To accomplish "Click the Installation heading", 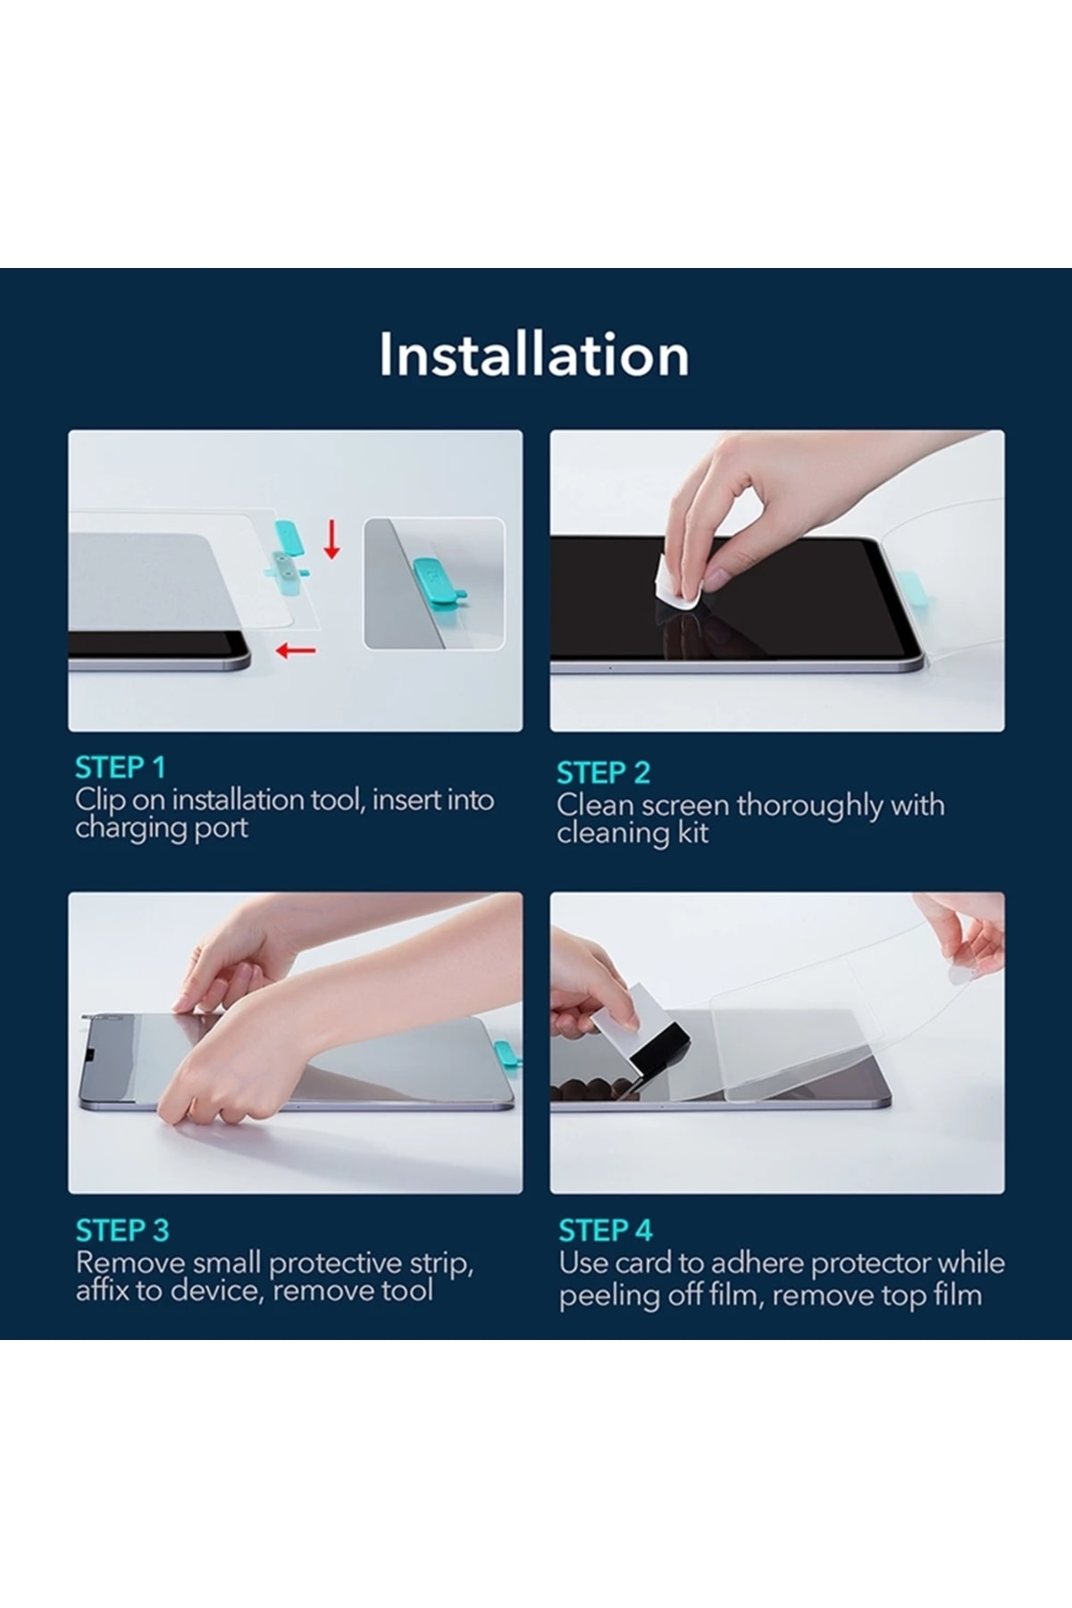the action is (x=534, y=355).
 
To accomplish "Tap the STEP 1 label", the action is (x=121, y=767).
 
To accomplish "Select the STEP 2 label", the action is (x=603, y=773).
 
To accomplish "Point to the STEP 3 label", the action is (x=122, y=1230).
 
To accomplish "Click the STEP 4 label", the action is (x=606, y=1230).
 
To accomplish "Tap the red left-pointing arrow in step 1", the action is (x=296, y=650).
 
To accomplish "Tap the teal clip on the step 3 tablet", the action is (x=507, y=1057).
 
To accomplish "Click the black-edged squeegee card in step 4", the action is (x=641, y=1029).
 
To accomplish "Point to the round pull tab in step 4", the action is (x=959, y=977).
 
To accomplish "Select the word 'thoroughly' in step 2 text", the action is (x=809, y=806).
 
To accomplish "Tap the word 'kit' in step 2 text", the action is (x=693, y=833).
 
